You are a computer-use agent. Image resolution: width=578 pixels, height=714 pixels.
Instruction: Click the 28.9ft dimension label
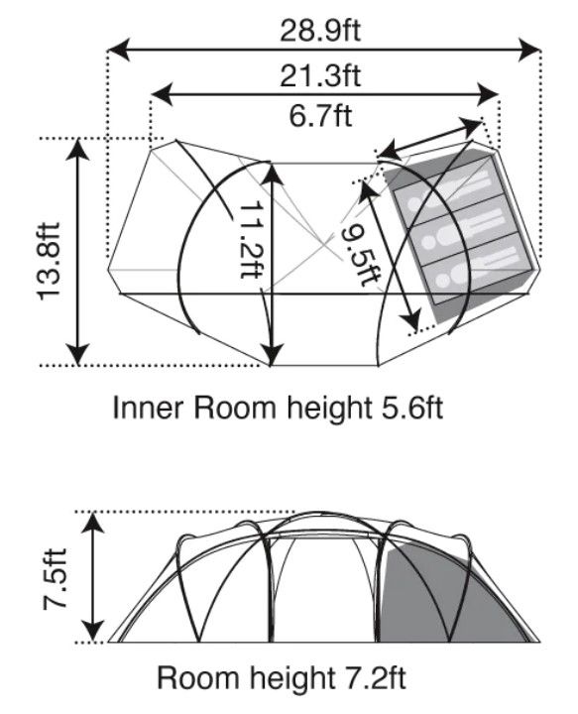tap(320, 31)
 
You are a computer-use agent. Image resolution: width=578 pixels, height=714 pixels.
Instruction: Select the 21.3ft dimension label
tap(320, 75)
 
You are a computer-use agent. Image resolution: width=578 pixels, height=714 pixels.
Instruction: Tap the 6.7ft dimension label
tap(320, 116)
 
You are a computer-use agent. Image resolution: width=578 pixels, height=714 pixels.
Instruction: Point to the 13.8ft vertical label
tap(49, 261)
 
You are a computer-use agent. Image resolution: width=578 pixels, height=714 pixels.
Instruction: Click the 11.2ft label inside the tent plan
tap(251, 239)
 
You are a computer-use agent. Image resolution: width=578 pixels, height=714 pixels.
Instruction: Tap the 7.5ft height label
tap(55, 579)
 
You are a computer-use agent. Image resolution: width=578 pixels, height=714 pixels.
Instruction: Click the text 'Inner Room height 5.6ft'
tap(278, 408)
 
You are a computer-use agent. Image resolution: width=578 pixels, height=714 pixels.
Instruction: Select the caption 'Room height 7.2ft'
tap(281, 678)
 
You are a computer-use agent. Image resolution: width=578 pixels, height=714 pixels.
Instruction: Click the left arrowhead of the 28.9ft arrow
tap(119, 50)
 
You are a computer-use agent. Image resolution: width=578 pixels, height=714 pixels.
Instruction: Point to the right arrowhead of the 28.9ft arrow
tap(529, 50)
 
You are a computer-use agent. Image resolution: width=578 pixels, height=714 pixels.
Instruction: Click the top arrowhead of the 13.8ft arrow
tap(77, 149)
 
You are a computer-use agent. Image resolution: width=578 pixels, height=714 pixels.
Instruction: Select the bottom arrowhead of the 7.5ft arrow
tap(94, 632)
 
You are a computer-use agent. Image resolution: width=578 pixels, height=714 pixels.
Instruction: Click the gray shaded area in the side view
tap(437, 597)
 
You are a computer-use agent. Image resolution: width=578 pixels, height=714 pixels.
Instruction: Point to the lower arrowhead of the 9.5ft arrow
tap(411, 320)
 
